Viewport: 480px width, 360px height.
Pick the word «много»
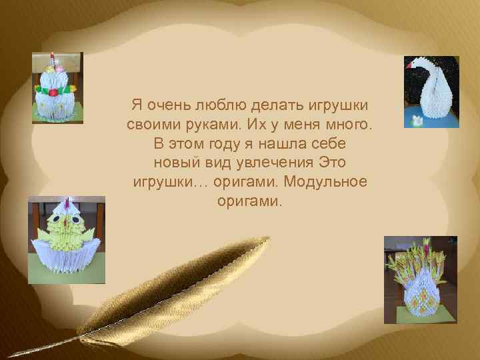coord(352,125)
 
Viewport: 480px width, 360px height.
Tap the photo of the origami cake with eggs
coord(57,87)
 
